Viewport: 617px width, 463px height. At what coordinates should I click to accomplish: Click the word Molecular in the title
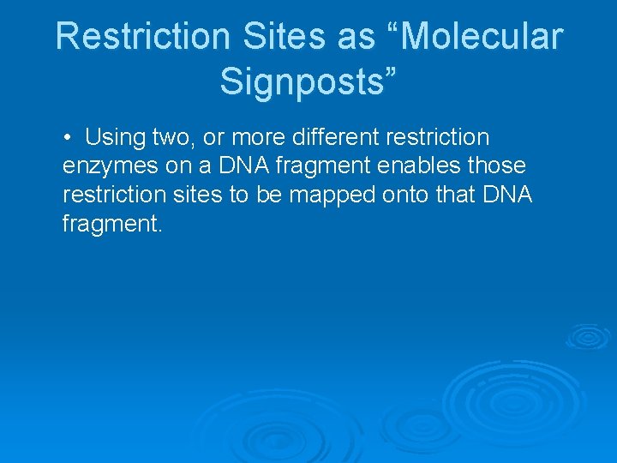483,37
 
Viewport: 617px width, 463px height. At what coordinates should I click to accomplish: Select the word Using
115,137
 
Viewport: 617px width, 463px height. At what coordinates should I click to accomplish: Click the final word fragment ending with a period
111,225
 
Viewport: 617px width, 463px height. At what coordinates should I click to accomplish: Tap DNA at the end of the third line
508,195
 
